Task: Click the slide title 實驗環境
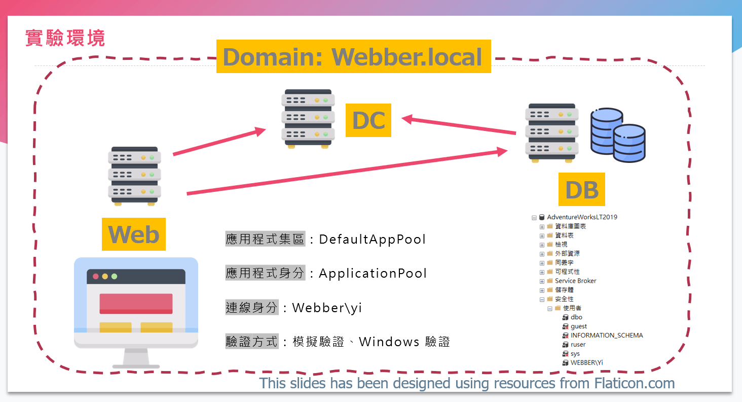pos(65,38)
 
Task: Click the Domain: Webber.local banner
pos(353,56)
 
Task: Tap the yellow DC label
pos(368,120)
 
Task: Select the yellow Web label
pos(134,234)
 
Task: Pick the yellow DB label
pos(582,189)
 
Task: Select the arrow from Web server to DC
pos(219,142)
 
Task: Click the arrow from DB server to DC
pos(459,126)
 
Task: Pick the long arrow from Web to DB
pos(347,172)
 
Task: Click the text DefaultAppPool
pos(373,239)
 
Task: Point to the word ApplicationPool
pos(373,274)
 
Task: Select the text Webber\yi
pos(327,308)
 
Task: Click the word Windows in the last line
pos(389,342)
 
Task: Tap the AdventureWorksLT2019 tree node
pos(582,217)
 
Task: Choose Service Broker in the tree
pos(575,281)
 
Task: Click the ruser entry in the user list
pos(578,345)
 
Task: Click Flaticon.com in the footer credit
pos(634,383)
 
